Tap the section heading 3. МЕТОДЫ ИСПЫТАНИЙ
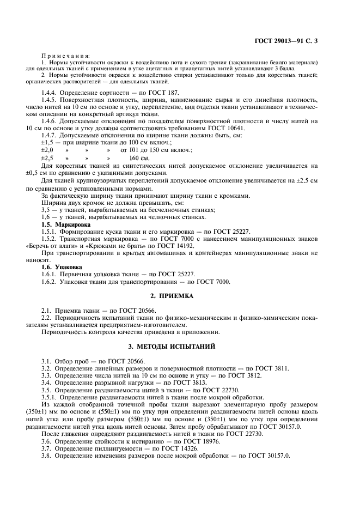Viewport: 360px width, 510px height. pyautogui.click(x=180, y=346)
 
